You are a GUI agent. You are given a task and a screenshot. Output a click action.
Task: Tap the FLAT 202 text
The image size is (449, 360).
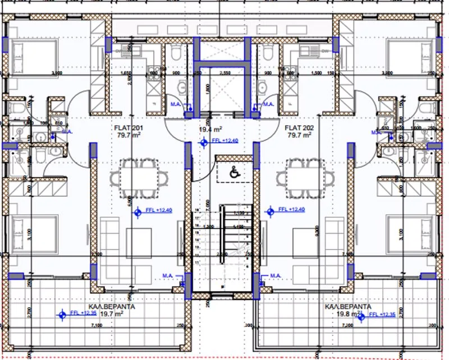(300, 127)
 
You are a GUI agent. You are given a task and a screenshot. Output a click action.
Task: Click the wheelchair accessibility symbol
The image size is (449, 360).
(233, 173)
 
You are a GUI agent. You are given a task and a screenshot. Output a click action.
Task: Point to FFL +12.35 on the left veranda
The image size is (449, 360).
(82, 313)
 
